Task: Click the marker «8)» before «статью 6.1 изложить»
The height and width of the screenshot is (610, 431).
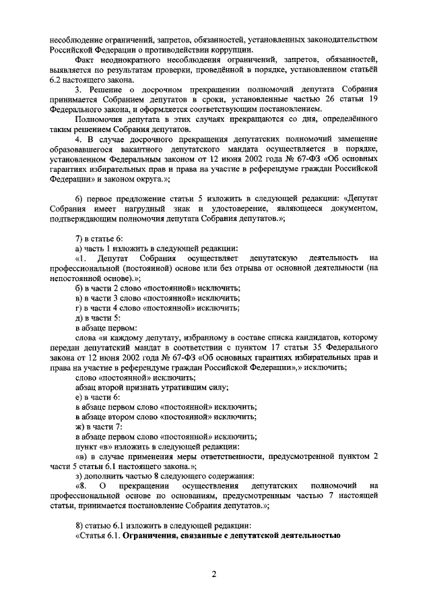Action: pos(79,526)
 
